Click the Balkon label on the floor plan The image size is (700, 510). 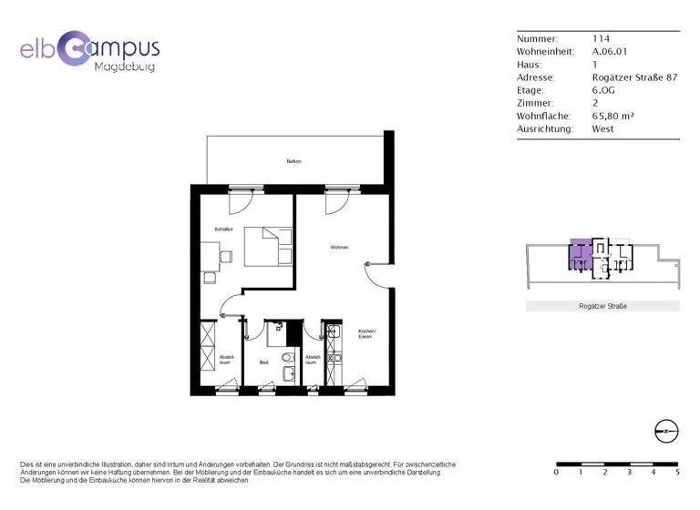coord(293,161)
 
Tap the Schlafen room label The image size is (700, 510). coord(223,229)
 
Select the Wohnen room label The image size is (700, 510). coord(339,248)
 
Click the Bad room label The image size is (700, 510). coord(263,362)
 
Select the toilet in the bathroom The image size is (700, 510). coord(288,358)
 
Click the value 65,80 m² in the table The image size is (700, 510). coord(612,116)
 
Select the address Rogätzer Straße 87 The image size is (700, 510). coord(634,77)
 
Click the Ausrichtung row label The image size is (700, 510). coord(545,128)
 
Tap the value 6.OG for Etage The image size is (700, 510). coord(603,90)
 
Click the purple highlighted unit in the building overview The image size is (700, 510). coord(578,254)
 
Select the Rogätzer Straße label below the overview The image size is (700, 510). coord(602,306)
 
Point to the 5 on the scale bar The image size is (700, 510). coord(676,472)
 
